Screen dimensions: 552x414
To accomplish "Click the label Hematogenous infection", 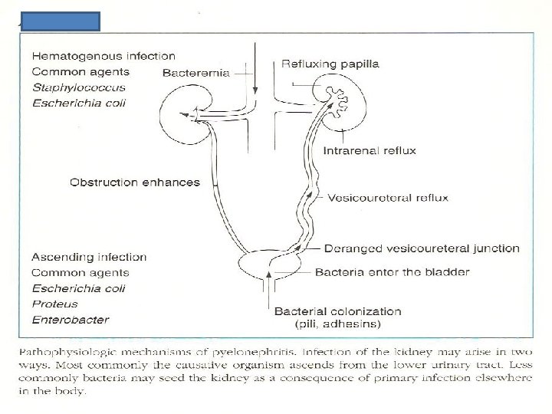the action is click(x=103, y=56).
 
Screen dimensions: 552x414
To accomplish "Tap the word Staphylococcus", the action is click(x=78, y=88).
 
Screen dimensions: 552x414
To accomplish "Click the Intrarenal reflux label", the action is click(x=369, y=151).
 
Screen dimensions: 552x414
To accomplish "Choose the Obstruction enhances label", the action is click(x=135, y=182).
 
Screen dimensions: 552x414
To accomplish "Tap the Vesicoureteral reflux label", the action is click(x=388, y=198).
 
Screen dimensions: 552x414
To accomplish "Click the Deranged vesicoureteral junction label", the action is click(x=422, y=248).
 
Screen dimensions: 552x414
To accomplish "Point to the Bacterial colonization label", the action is click(x=338, y=311).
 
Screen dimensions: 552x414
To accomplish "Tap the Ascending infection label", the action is click(x=89, y=257).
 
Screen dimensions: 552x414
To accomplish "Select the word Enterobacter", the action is click(x=70, y=320).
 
